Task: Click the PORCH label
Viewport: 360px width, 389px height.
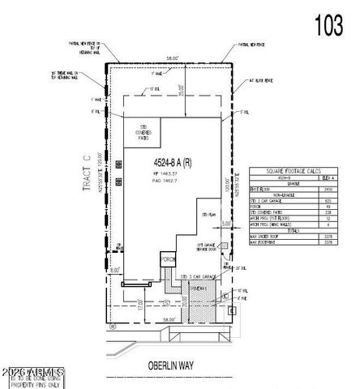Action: (x=168, y=260)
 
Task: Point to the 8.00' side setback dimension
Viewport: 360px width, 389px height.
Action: (x=117, y=269)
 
